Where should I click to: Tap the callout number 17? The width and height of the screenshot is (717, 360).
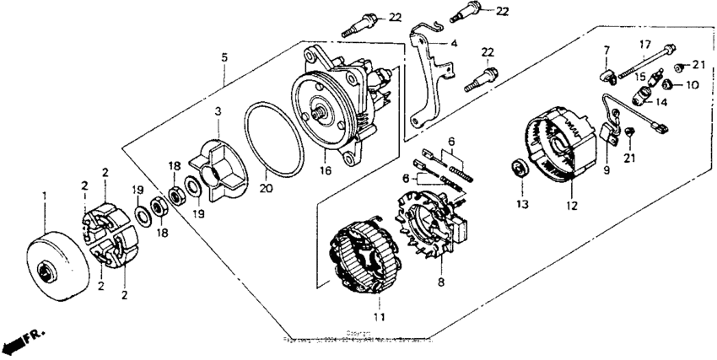coord(644,45)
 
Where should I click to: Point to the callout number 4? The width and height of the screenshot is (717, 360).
coord(453,42)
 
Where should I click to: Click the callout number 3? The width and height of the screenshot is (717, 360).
coord(217,111)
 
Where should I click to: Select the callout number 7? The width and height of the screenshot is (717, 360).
coord(606,52)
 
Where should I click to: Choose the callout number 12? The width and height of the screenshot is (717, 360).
coord(571,205)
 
